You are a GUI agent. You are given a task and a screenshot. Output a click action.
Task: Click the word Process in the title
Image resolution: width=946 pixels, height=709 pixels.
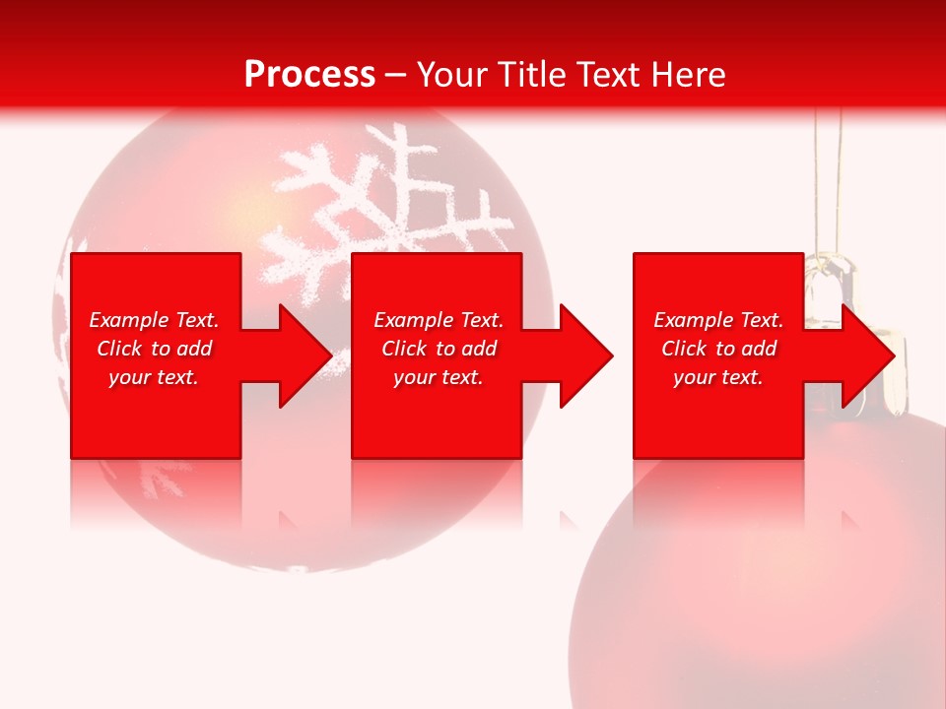[x=309, y=74]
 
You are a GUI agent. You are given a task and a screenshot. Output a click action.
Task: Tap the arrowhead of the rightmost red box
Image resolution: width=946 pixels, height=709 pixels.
[x=867, y=355]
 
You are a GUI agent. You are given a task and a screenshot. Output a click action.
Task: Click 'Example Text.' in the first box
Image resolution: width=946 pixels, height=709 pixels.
[x=154, y=320]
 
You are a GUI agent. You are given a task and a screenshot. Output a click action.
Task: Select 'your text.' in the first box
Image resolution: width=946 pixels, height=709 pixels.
[x=154, y=377]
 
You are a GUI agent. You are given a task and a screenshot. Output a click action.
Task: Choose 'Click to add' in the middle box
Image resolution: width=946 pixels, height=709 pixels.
[x=439, y=349]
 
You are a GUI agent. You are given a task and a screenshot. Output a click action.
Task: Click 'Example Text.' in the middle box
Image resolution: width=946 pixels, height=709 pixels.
[x=439, y=320]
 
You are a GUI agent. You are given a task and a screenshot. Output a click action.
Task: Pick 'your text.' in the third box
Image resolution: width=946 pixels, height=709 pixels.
[x=718, y=377]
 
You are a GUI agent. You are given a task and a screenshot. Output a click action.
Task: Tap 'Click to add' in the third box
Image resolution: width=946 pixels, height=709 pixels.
[x=718, y=349]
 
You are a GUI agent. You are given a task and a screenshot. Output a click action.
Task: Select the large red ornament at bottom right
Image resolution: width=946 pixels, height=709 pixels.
[x=769, y=591]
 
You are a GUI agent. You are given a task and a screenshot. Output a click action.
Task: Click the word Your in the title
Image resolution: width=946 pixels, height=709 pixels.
[x=449, y=74]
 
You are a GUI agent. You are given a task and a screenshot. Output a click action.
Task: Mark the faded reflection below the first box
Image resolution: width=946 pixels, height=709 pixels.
[x=155, y=492]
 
